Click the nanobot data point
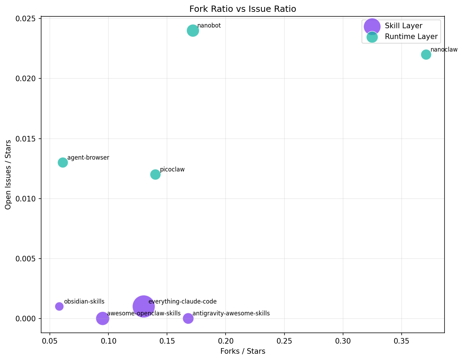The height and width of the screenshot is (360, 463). [x=193, y=31]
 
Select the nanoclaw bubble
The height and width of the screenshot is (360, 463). [x=426, y=54]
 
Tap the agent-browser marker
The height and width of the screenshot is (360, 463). [x=63, y=162]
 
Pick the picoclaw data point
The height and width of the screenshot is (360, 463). [x=155, y=174]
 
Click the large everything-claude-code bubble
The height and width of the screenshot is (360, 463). [x=143, y=306]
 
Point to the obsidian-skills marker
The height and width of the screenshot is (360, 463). [x=59, y=306]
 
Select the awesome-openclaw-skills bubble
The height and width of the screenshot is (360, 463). [x=103, y=318]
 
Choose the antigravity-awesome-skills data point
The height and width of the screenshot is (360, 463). [x=188, y=318]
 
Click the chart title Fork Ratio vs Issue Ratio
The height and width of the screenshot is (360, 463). [x=243, y=9]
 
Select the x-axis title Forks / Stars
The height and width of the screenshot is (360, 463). [x=243, y=351]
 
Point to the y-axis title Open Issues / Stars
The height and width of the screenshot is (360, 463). [x=8, y=175]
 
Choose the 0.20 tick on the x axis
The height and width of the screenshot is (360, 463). [x=226, y=340]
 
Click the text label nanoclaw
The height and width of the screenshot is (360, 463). [x=444, y=50]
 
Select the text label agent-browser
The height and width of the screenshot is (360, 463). [x=88, y=158]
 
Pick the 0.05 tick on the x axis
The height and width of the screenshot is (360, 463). [x=50, y=340]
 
